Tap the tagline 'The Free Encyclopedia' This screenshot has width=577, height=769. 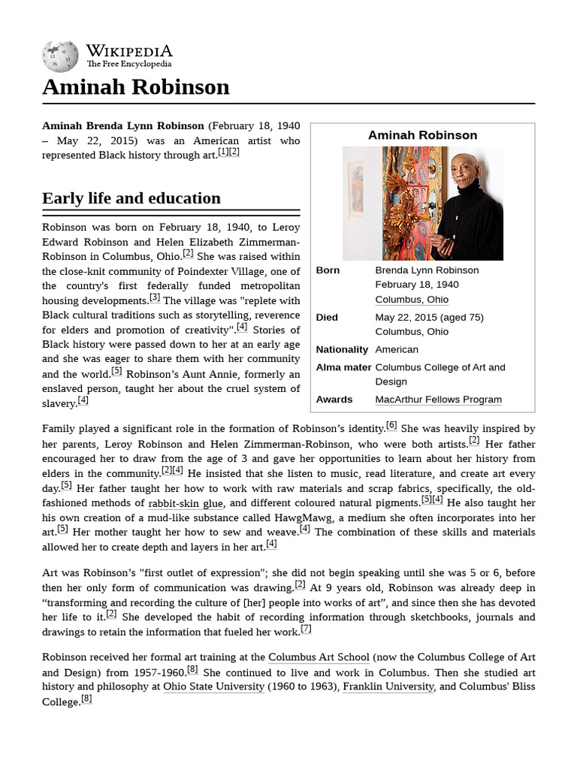click(x=128, y=65)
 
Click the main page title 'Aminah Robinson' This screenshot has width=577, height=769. click(x=136, y=88)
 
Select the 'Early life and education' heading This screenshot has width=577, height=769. click(x=131, y=198)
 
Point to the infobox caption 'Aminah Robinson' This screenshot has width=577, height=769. click(x=422, y=135)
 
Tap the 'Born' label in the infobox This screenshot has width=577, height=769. click(x=328, y=270)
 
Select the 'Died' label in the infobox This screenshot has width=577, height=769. click(x=327, y=318)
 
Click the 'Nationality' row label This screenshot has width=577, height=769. click(x=342, y=350)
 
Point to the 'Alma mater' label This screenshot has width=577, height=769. click(x=343, y=367)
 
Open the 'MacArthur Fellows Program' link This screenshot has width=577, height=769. click(x=438, y=400)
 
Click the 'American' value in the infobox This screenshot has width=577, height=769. click(x=397, y=350)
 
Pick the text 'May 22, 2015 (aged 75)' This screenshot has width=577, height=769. click(x=430, y=318)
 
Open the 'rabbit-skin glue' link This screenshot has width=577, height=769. click(x=186, y=503)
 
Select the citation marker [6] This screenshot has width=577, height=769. click(x=391, y=426)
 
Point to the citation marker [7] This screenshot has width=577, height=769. click(x=305, y=629)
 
